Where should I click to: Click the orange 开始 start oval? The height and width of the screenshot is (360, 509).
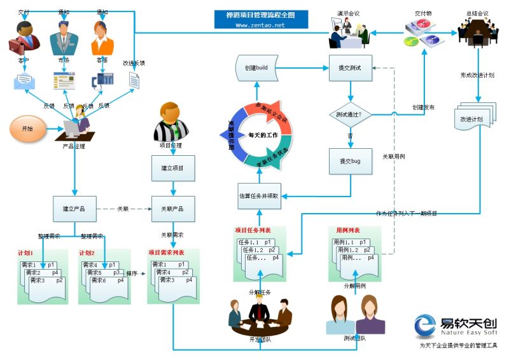click(x=27, y=128)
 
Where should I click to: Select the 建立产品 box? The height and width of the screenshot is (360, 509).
click(x=74, y=209)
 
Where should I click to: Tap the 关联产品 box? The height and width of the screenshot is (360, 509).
click(x=172, y=209)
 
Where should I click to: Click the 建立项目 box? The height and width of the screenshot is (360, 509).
click(x=172, y=169)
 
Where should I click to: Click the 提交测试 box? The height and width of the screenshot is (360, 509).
click(x=350, y=68)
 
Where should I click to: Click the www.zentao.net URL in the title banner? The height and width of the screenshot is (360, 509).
click(x=260, y=25)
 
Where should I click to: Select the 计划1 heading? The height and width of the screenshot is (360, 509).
click(x=25, y=253)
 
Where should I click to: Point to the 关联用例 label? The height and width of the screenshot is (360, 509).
click(x=394, y=156)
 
